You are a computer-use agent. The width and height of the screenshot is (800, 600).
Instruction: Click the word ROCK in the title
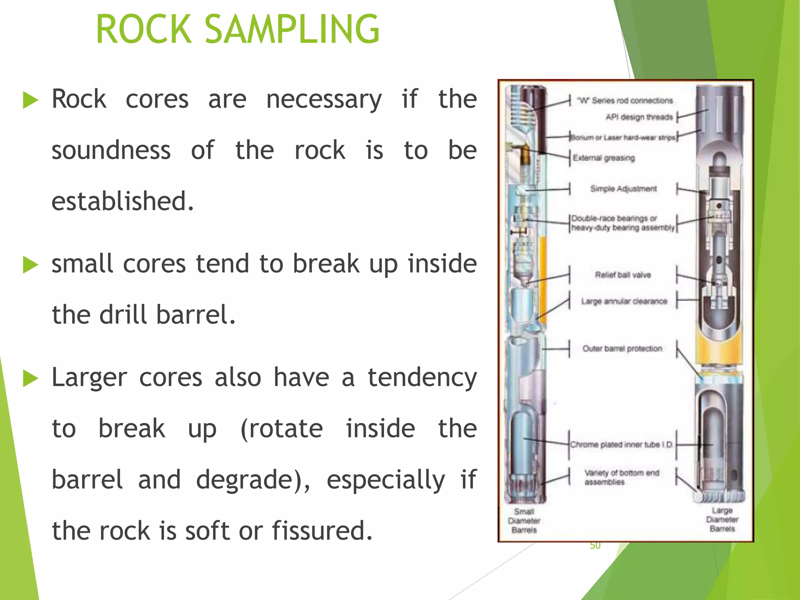[x=144, y=29]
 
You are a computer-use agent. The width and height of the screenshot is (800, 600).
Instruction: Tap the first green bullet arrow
[x=30, y=100]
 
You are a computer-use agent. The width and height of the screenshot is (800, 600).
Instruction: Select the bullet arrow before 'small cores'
[x=30, y=265]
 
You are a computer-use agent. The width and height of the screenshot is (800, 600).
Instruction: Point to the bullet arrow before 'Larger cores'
[x=30, y=378]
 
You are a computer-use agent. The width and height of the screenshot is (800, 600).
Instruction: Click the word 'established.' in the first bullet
[x=123, y=202]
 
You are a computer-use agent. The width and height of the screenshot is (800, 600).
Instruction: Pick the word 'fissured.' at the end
[x=322, y=531]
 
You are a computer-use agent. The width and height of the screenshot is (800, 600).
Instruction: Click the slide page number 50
[x=595, y=546]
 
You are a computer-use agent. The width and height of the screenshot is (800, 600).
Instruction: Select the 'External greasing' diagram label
[x=604, y=158]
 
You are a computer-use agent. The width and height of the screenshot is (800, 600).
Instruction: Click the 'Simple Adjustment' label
[x=623, y=189]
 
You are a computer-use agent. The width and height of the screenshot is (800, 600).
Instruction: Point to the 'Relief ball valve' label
[x=623, y=275]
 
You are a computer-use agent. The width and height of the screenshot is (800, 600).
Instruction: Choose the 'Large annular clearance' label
[x=624, y=301]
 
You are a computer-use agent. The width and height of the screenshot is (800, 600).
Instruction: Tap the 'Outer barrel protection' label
[x=622, y=348]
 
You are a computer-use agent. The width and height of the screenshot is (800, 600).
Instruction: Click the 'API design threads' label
[x=639, y=117]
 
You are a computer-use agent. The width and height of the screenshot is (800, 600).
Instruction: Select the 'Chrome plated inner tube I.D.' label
[x=621, y=445]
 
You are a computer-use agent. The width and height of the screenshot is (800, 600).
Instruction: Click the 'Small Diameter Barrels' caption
[x=524, y=521]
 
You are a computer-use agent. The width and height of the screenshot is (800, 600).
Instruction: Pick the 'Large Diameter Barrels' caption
[x=722, y=520]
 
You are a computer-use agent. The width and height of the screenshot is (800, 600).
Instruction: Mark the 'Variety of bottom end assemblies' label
[x=621, y=477]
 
